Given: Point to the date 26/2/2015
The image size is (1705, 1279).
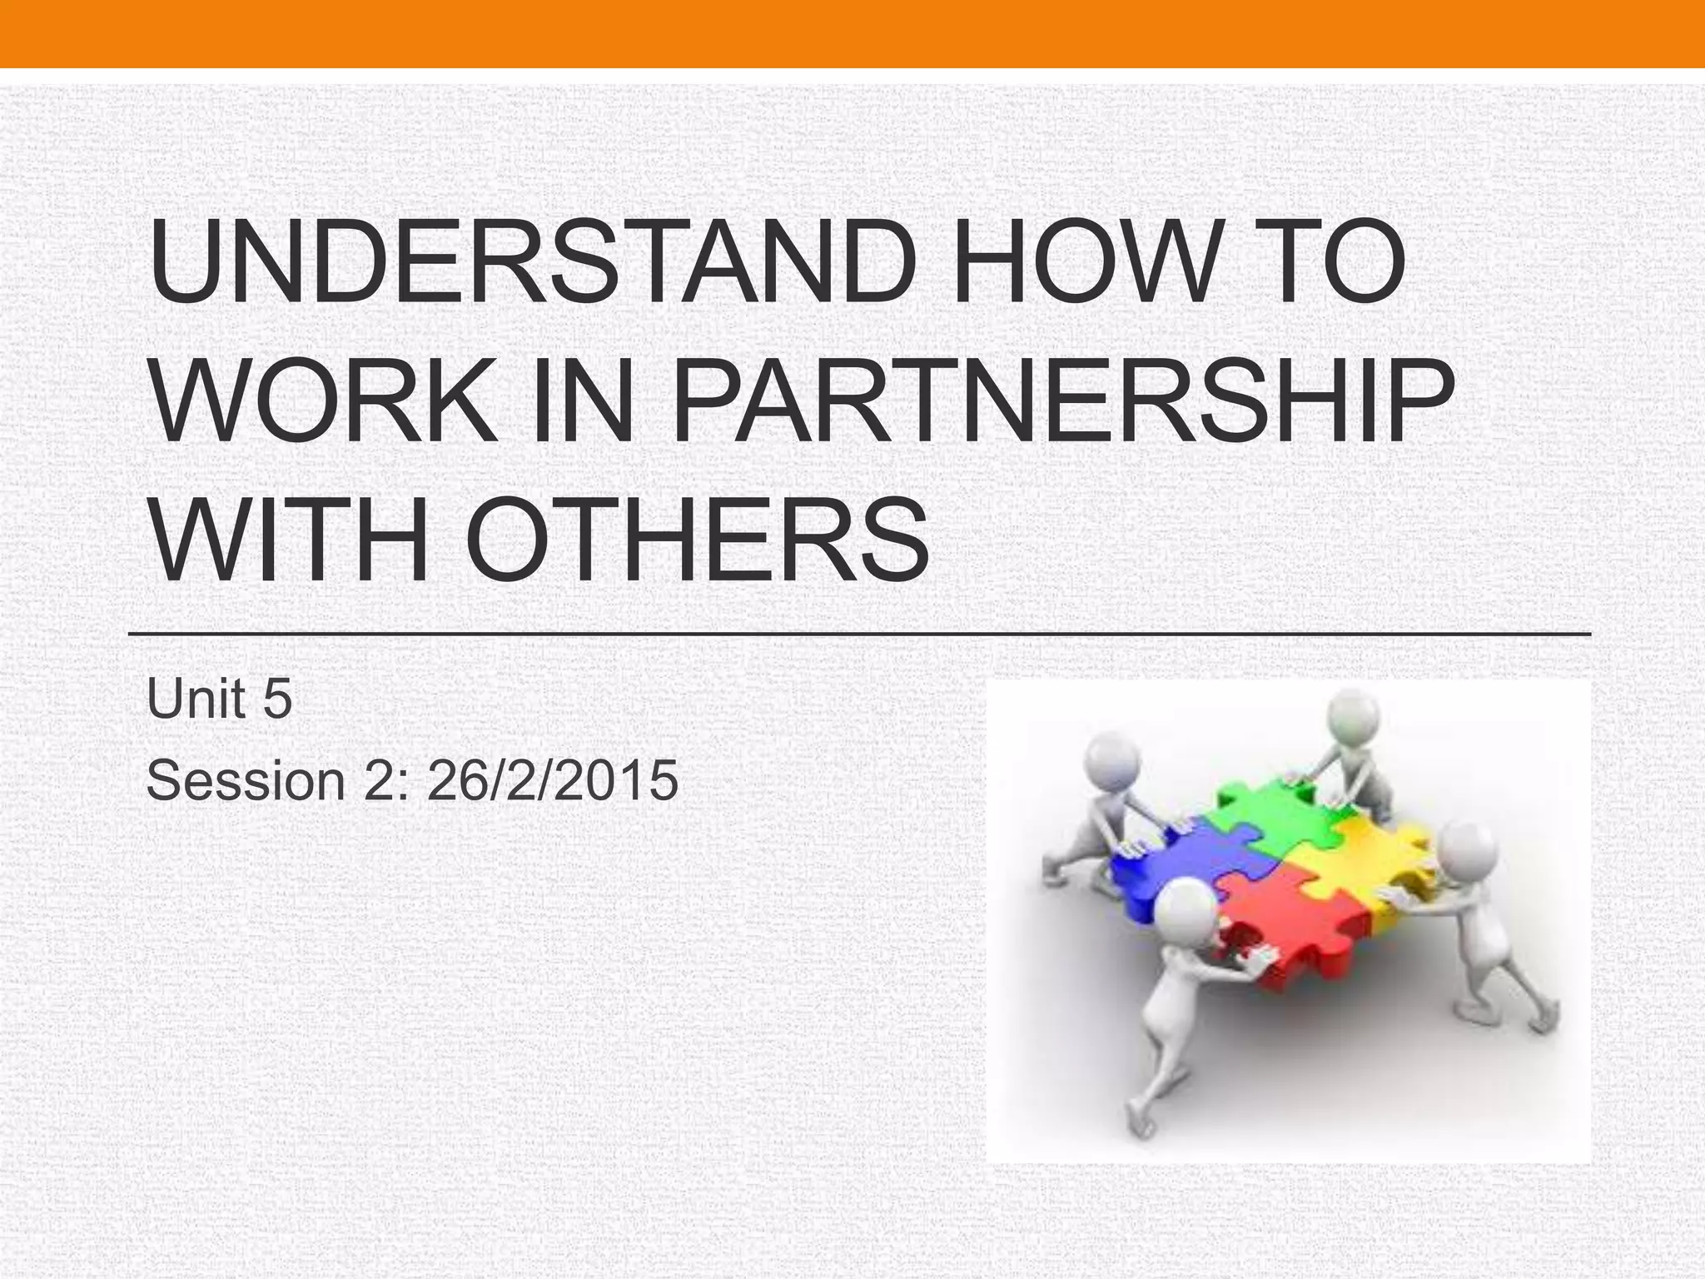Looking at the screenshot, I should click(552, 781).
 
